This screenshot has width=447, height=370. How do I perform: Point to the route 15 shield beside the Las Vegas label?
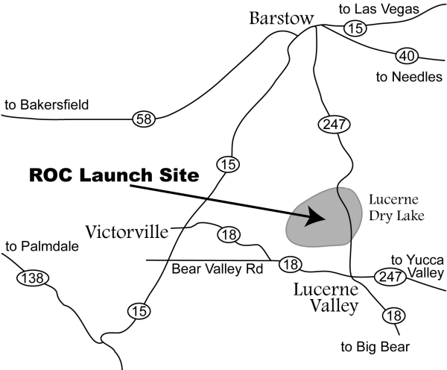pos(355,28)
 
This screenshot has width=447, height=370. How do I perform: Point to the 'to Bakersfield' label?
pos(46,105)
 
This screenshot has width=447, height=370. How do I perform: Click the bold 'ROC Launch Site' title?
pos(113,177)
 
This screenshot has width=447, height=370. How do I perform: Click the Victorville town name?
pos(127,230)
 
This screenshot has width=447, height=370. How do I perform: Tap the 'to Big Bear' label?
pos(367,346)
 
